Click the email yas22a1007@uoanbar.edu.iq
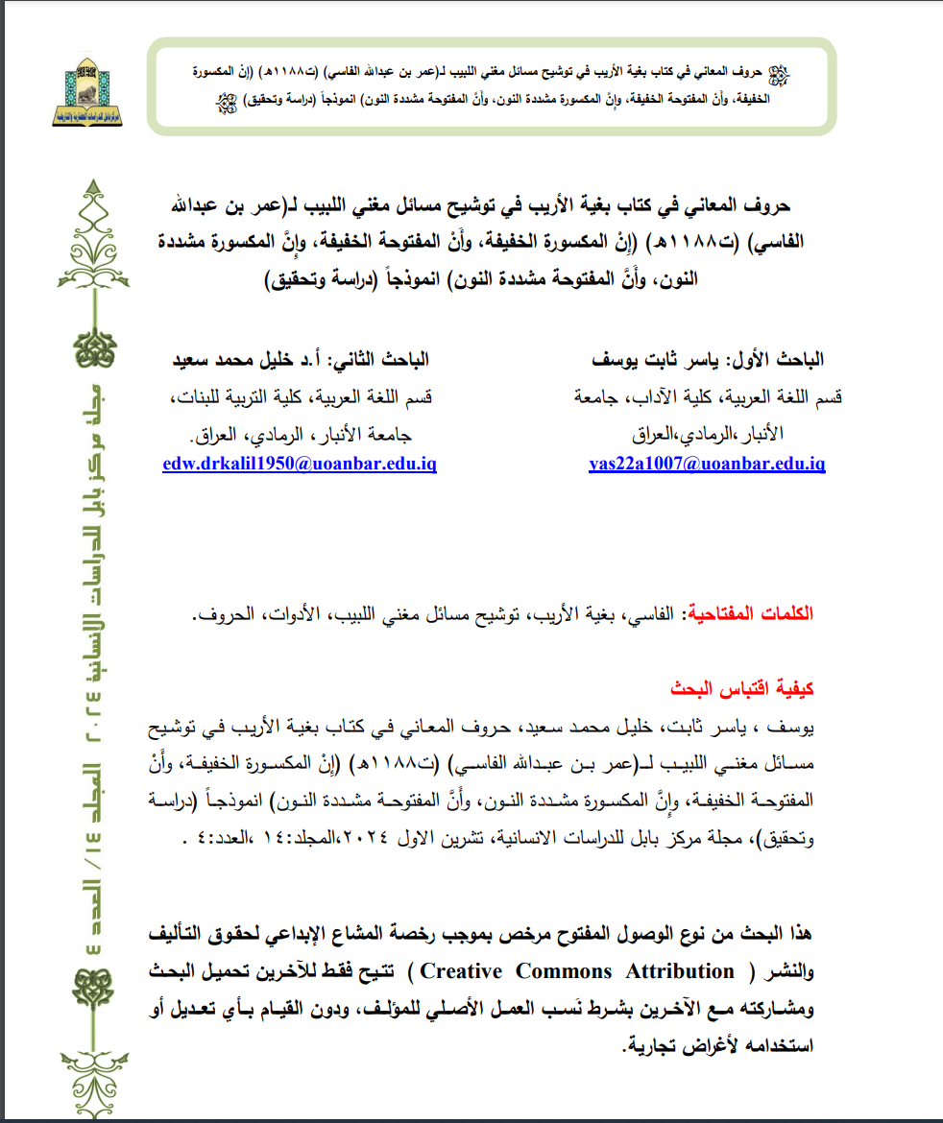[707, 464]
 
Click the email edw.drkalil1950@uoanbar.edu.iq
[301, 464]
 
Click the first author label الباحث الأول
[775, 360]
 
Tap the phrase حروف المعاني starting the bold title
[753, 205]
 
